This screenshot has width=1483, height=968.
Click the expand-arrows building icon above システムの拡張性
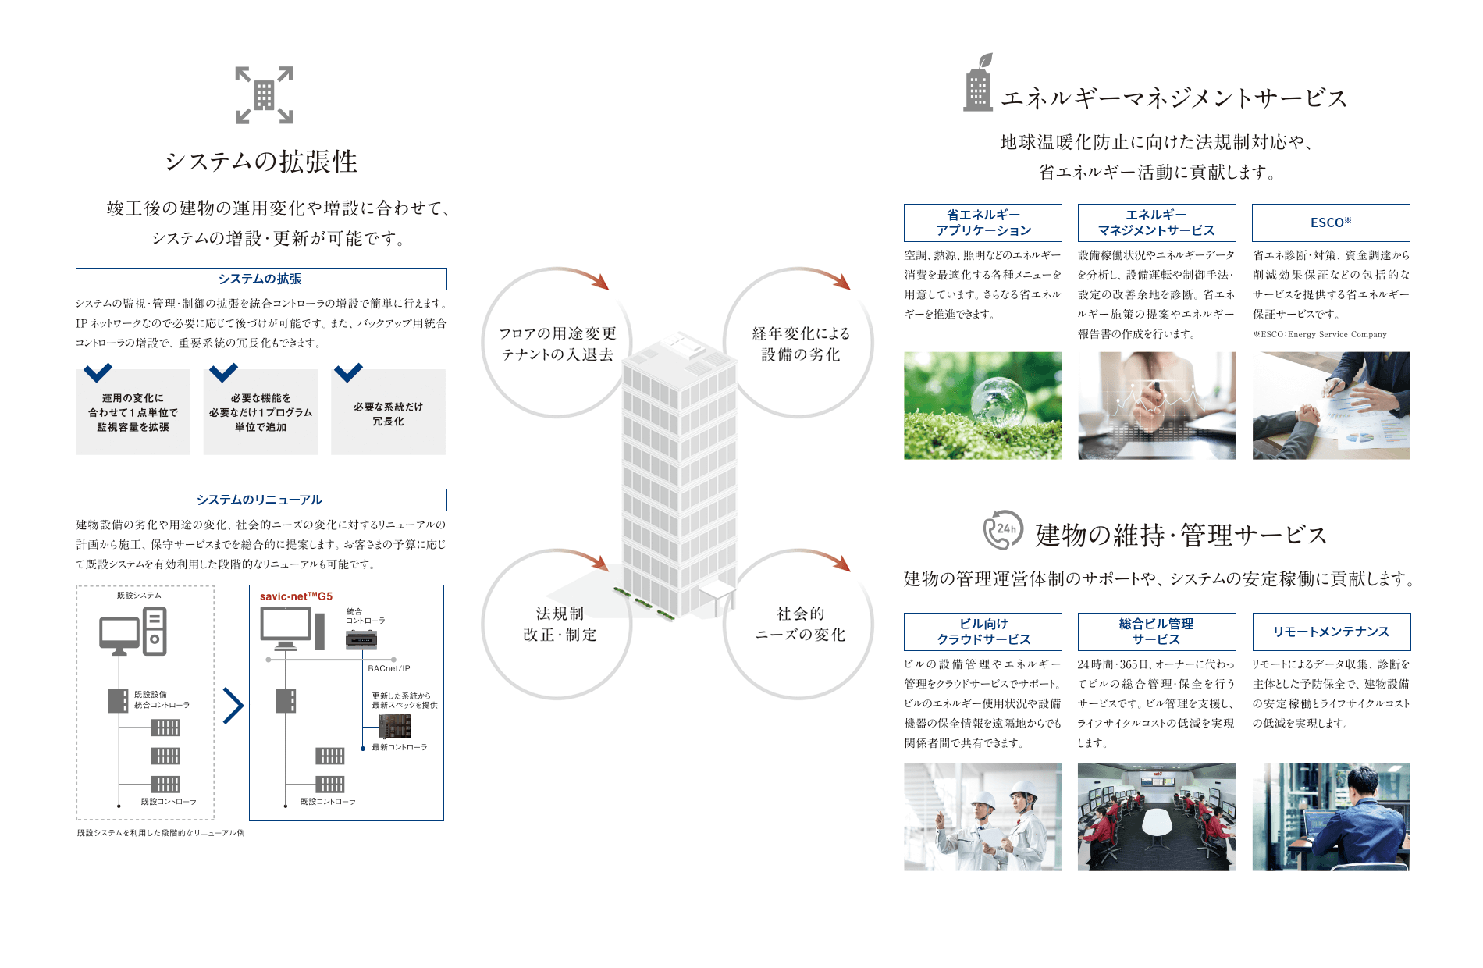coord(265,95)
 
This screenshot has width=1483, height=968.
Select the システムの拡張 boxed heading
coord(261,279)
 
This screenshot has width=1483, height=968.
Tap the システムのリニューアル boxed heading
coord(261,500)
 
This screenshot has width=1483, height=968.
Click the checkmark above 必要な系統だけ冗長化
coord(348,372)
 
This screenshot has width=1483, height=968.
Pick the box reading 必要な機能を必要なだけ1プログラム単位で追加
coord(261,412)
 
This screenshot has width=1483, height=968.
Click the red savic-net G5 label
coord(296,596)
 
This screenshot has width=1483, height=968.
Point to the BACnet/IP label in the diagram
coord(389,668)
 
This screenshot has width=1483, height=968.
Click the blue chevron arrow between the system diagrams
coord(233,706)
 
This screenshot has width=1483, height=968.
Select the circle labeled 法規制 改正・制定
coord(557,625)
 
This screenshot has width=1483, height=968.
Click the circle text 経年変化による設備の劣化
coord(801,343)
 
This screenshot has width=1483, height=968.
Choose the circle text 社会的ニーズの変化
coord(800,624)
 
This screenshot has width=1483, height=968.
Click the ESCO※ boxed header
coord(1331,222)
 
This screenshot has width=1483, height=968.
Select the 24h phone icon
coord(1003,530)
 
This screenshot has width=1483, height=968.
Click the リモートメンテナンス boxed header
coord(1332,632)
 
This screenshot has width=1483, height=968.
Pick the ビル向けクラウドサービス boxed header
coord(983,632)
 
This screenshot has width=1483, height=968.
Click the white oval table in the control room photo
coord(1157,822)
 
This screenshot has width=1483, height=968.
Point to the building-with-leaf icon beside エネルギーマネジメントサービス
coord(978,83)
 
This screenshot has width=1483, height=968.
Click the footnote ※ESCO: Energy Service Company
coord(1320,334)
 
